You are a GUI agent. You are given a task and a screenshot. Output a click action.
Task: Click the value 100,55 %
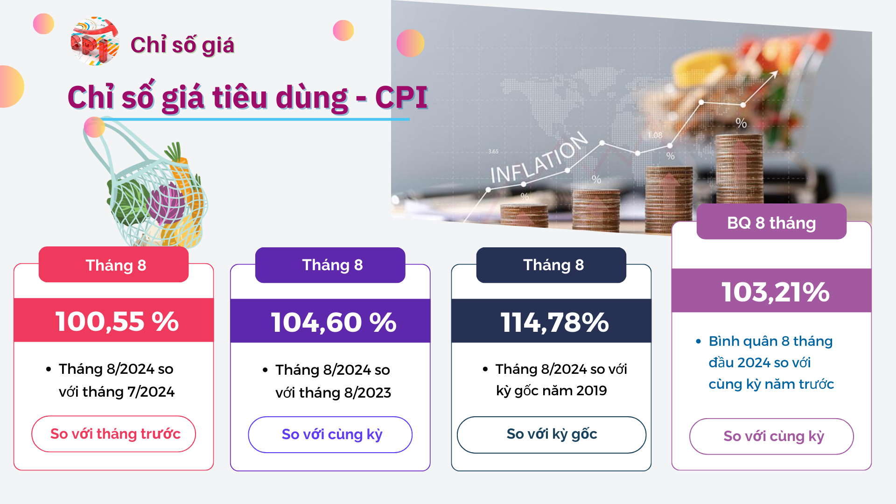point(117,322)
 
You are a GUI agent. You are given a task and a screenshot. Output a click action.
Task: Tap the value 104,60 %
point(334,322)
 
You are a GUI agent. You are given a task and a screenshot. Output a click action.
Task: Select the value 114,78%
point(554,322)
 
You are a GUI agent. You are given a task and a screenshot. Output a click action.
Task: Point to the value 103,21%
point(775,292)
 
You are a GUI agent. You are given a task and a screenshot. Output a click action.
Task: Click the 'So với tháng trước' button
point(114,434)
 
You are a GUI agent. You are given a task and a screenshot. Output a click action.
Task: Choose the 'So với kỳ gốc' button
point(552,434)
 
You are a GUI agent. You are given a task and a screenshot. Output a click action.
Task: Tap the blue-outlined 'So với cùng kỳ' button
point(330,434)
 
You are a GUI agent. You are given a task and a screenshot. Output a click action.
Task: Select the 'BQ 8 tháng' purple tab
point(771,222)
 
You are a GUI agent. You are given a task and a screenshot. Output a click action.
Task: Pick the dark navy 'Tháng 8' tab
point(551,265)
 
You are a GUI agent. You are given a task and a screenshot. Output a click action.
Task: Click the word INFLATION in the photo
point(539,158)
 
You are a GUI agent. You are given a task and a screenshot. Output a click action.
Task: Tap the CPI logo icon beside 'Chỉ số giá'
point(95,41)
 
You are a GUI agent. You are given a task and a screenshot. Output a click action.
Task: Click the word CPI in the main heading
point(401,97)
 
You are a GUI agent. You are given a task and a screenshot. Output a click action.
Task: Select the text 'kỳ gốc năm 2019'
point(552,391)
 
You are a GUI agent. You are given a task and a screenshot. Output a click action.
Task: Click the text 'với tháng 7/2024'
point(117,392)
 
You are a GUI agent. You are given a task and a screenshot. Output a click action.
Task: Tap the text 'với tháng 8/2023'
point(333,393)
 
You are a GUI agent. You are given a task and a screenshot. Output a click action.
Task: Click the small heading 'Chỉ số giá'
point(182,45)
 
